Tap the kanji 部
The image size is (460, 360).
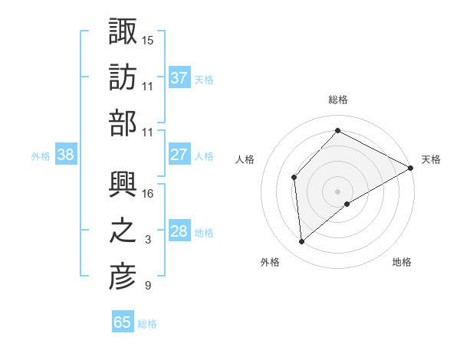[x=123, y=124]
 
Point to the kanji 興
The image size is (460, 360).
[x=123, y=184]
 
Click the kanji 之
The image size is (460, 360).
[x=123, y=231]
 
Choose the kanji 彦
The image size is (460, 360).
[x=123, y=278]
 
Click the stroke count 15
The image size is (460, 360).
[x=148, y=39]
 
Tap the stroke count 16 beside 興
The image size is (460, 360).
[x=148, y=193]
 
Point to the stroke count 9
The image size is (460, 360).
[x=148, y=286]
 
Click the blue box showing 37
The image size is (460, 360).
[x=179, y=78]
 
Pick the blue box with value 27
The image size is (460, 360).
[x=179, y=155]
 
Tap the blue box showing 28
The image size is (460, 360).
[x=179, y=231]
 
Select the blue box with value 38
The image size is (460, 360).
[x=66, y=155]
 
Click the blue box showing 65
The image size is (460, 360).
[x=123, y=322]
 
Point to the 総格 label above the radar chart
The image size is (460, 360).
[x=337, y=100]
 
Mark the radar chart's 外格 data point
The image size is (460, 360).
[x=302, y=242]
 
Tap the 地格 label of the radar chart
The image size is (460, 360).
[x=402, y=262]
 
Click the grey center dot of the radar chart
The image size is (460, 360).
[x=337, y=191]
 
